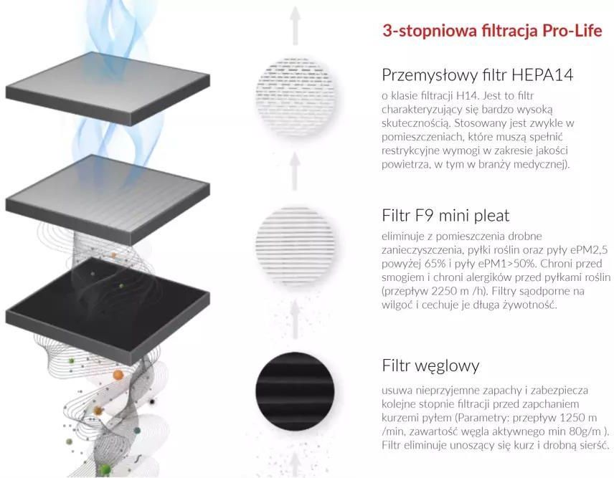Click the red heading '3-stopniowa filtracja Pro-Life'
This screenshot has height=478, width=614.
pyautogui.click(x=491, y=31)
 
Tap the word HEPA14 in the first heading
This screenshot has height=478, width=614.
pyautogui.click(x=532, y=75)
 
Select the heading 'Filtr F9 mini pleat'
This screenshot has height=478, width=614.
pyautogui.click(x=445, y=215)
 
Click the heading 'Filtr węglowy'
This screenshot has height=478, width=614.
pyautogui.click(x=430, y=365)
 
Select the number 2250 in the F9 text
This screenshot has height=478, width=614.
pyautogui.click(x=447, y=290)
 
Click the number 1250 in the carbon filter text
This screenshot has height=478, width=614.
pyautogui.click(x=566, y=417)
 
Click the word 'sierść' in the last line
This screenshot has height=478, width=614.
pyautogui.click(x=590, y=444)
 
